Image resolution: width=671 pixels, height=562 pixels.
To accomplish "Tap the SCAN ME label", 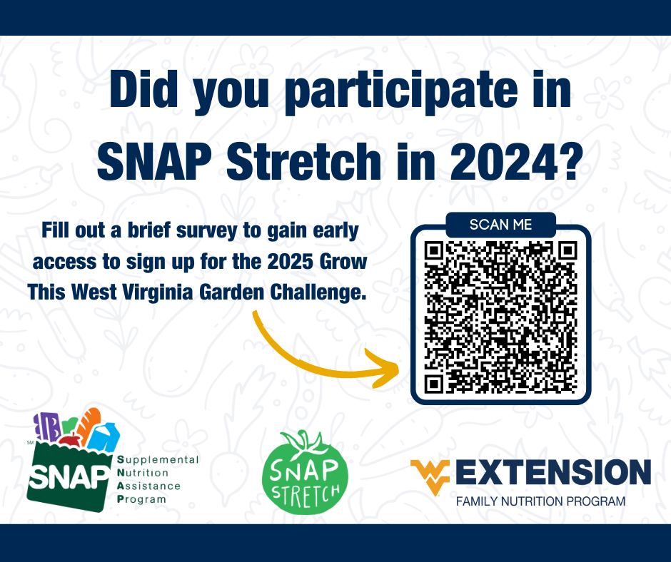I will (x=500, y=225).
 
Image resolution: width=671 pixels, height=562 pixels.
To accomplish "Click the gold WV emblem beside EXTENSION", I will (x=430, y=473).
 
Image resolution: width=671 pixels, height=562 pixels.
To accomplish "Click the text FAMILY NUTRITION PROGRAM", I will (x=540, y=501).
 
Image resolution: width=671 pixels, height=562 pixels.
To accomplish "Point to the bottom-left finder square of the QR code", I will (x=434, y=384).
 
